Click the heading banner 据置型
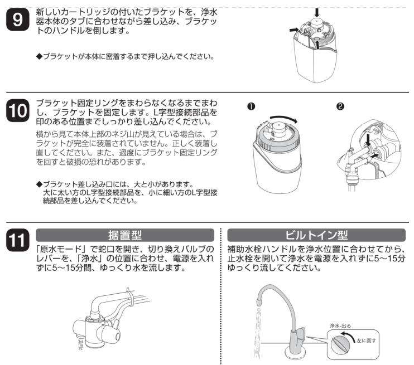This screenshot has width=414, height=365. pos(124,235)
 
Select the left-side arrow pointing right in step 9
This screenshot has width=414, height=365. pos(293,32)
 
